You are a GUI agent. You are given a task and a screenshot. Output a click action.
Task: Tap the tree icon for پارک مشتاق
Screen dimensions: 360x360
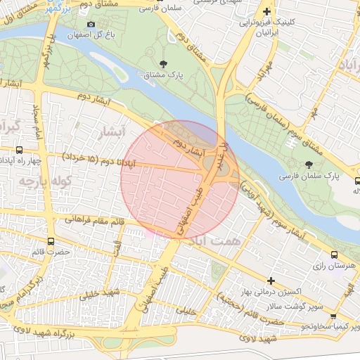pos(164,64)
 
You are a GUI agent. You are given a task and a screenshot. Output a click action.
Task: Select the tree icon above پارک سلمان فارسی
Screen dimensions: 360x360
pos(309,164)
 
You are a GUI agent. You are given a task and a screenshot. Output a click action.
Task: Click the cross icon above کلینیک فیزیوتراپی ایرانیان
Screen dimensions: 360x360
pos(266,12)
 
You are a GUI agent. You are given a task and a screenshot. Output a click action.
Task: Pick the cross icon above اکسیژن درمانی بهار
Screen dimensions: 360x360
pos(270,281)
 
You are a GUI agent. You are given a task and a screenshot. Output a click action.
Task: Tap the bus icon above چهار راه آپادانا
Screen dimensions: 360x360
pos(19,150)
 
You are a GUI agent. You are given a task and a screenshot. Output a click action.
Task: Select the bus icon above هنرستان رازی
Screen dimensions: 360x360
pos(334,255)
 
